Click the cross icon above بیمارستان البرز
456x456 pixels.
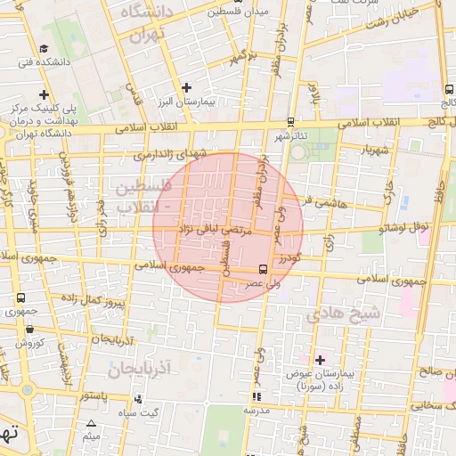point(186,87)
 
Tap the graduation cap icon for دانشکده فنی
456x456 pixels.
point(43,49)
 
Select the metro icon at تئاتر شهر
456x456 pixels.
point(291,123)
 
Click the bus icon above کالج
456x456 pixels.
point(446,90)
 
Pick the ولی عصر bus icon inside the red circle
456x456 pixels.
point(263,268)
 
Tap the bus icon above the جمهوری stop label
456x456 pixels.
point(20,297)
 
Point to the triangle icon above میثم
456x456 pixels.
point(91,423)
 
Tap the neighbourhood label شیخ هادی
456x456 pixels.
point(343,314)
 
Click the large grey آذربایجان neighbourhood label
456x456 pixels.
point(142,367)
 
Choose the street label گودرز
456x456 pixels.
point(284,257)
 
